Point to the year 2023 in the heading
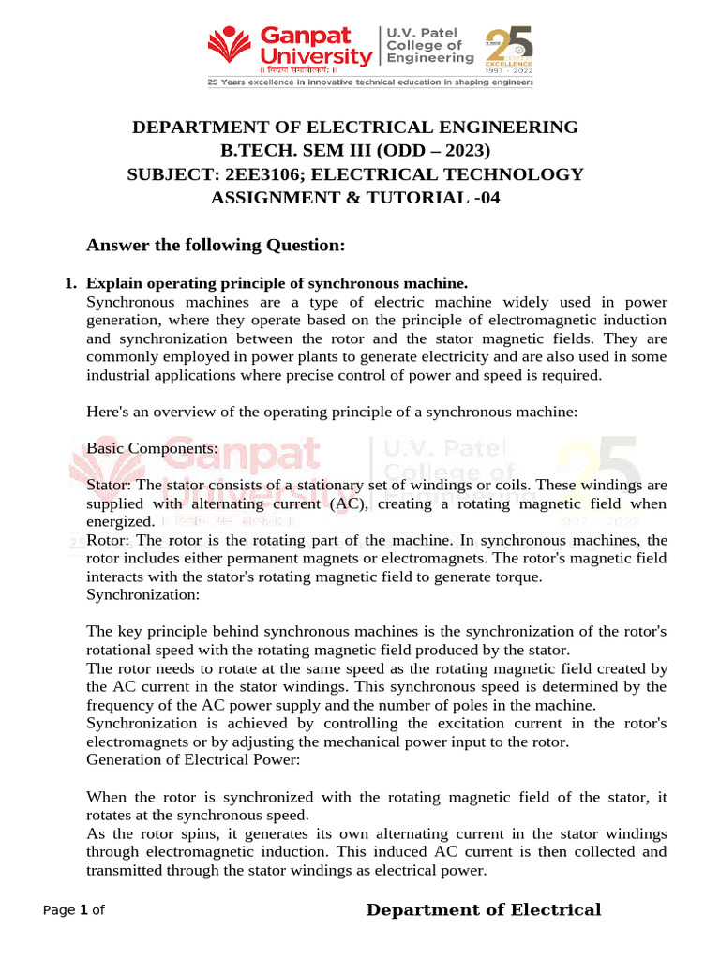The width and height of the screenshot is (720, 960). click(461, 151)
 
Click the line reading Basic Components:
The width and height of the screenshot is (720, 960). click(152, 449)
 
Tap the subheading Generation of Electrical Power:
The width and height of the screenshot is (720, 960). click(193, 760)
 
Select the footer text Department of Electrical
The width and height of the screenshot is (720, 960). click(483, 910)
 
